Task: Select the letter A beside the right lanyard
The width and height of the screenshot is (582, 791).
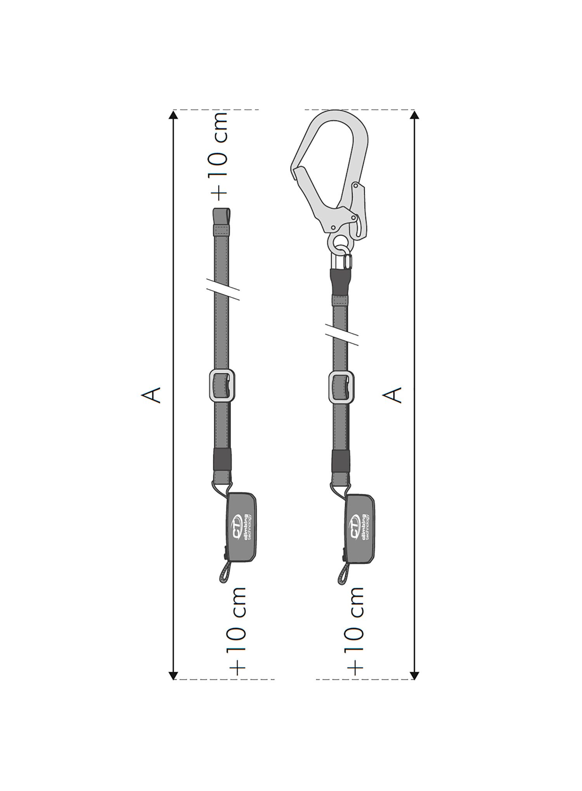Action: click(392, 395)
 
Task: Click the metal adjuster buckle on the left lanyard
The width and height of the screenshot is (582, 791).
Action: click(222, 386)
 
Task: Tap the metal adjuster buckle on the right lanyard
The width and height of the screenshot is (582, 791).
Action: click(341, 387)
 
